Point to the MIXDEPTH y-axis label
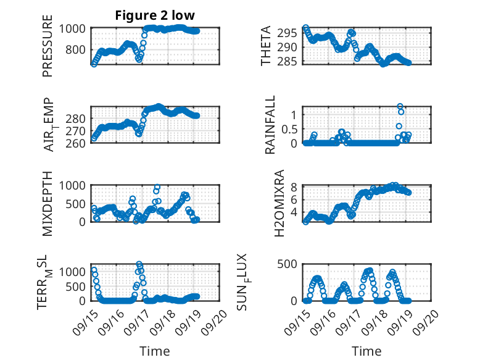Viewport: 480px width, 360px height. (x=48, y=204)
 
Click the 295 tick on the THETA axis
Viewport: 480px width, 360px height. (x=293, y=33)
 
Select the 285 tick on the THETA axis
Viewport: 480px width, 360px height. (x=293, y=61)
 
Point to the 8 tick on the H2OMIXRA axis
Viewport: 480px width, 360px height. (x=295, y=187)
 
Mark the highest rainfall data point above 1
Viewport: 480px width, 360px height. (x=400, y=106)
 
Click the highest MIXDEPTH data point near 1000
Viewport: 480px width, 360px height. (x=157, y=186)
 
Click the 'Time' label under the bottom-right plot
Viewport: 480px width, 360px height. (x=366, y=351)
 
